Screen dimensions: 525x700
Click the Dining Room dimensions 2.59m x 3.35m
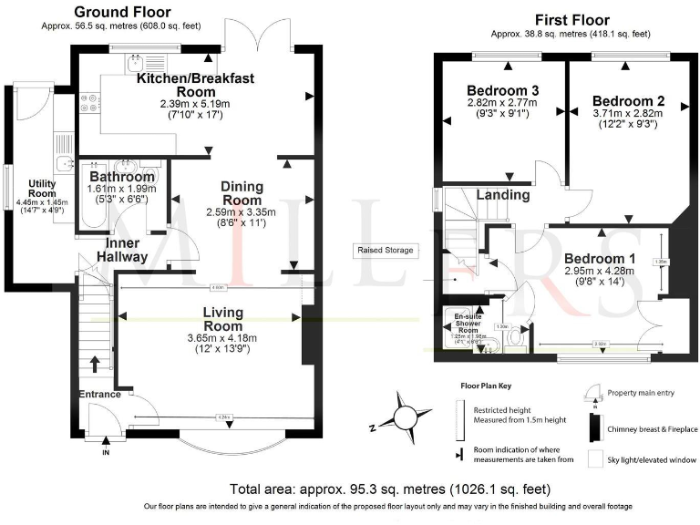242,211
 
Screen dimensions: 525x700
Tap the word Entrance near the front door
99,394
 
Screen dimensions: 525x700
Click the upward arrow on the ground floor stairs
95,363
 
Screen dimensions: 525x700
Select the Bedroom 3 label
502,91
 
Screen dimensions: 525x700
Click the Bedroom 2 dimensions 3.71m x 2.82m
628,113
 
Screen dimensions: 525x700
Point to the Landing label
503,195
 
